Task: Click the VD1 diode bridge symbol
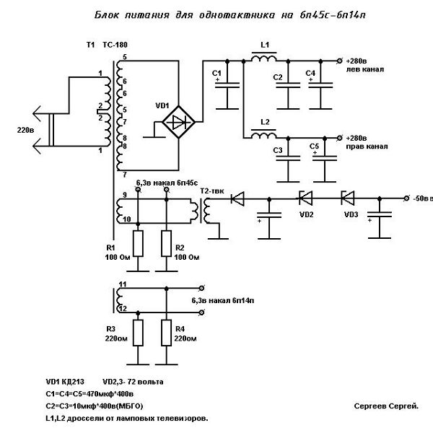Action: pos(178,122)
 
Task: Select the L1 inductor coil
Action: pos(263,58)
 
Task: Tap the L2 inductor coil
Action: pos(263,136)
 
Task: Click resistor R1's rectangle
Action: pos(138,244)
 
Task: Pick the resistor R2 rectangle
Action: pos(166,244)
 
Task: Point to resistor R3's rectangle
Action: pos(138,333)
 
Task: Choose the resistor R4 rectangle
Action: pos(166,333)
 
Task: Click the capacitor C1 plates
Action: pos(227,85)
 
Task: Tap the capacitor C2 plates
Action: pos(288,85)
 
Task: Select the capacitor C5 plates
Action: pos(325,158)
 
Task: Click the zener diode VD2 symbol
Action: pos(306,198)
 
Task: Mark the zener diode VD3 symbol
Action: pos(348,198)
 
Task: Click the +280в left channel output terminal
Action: pos(340,61)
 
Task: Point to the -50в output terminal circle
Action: pos(406,198)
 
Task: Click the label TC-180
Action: pos(115,45)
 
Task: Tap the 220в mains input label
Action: pos(26,130)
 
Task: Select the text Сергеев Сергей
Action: pos(386,406)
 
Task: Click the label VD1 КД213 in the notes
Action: pos(65,382)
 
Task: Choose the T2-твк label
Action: pos(212,191)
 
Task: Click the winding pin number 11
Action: pos(123,284)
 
